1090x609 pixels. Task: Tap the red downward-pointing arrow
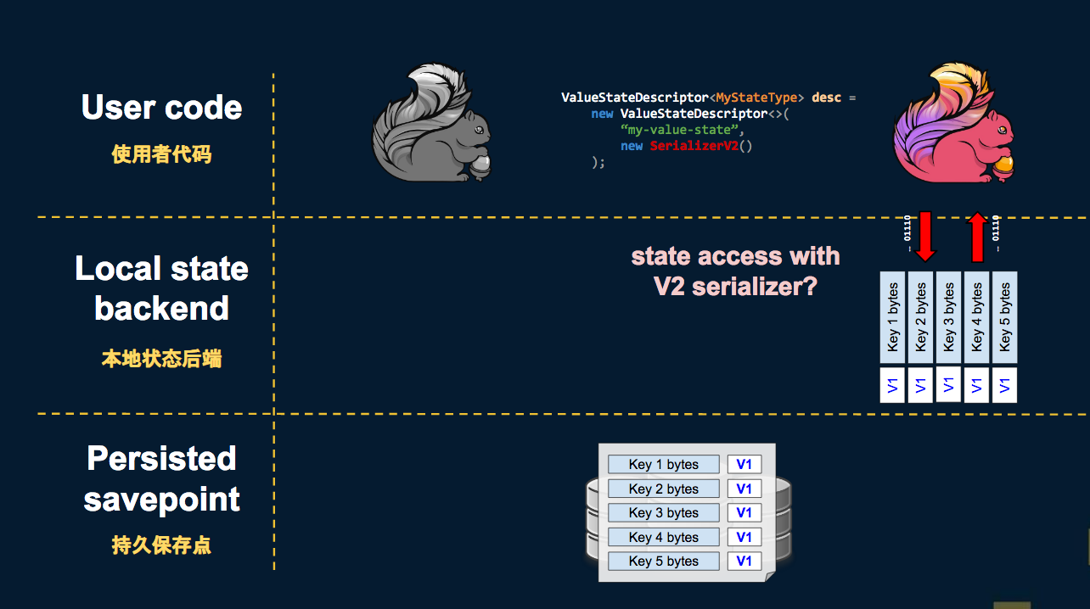[925, 236]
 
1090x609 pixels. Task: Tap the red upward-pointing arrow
[977, 236]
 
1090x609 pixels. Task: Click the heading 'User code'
[161, 108]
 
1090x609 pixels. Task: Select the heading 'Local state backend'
[161, 288]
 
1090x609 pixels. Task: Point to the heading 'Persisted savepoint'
[161, 478]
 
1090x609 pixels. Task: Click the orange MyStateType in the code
[757, 98]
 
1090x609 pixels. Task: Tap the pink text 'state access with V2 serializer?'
[735, 271]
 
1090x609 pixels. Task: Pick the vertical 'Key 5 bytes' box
[1005, 317]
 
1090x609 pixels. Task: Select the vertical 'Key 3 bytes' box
[949, 317]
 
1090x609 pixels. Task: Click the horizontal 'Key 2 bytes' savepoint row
[663, 489]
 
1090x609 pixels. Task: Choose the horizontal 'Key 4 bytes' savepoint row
[663, 537]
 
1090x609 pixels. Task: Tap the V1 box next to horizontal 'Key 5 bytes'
[744, 561]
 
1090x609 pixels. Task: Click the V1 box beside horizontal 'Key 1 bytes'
[744, 464]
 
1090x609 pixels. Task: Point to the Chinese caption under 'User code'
[161, 154]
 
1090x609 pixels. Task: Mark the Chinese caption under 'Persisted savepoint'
[161, 545]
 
